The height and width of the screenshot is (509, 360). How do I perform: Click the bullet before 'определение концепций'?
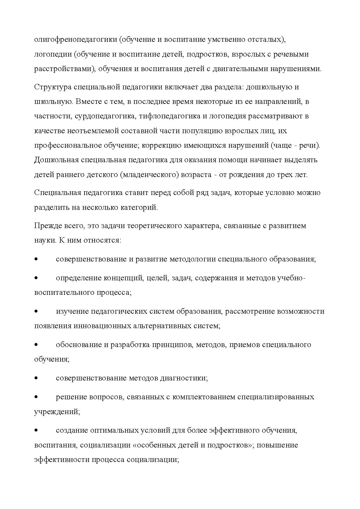[x=36, y=278]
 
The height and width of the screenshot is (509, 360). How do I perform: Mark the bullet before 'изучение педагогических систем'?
[x=36, y=311]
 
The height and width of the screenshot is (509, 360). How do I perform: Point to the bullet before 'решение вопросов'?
[x=36, y=397]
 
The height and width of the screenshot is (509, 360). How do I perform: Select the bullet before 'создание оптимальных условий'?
[x=36, y=430]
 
